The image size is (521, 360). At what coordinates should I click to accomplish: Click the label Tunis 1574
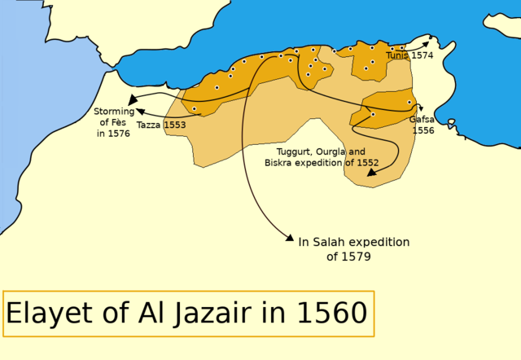pos(409,55)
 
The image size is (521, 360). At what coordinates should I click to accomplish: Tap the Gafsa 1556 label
pos(422,124)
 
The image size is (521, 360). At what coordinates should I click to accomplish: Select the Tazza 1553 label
pos(161,125)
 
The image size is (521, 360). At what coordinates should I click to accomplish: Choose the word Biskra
pos(280,163)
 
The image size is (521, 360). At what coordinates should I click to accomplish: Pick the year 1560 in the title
pos(331,314)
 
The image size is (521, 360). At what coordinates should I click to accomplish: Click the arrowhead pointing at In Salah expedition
pos(289,238)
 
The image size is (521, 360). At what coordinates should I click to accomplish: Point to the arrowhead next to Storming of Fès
pos(130,98)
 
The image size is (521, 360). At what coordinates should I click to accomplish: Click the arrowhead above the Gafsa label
pos(420,105)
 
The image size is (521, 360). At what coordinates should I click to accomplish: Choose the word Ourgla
pos(331,151)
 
